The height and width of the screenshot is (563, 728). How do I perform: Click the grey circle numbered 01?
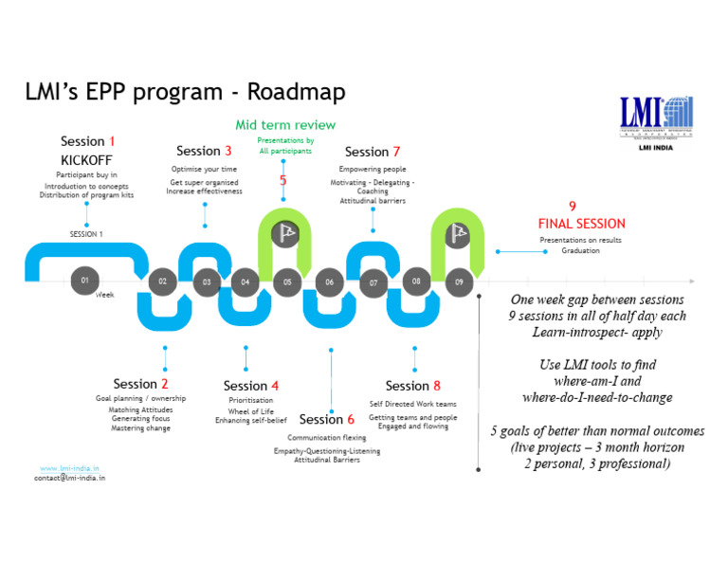point(85,281)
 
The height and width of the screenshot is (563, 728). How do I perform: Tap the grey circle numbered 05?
point(286,281)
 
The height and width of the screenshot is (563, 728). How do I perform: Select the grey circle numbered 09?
point(459,281)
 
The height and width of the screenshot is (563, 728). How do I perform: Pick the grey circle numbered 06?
point(329,281)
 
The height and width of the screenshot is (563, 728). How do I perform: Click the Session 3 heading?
point(204,151)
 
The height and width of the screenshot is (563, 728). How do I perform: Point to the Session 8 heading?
point(412,386)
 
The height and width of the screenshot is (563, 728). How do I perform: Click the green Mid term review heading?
point(285,125)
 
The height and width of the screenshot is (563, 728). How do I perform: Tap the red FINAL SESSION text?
point(581,224)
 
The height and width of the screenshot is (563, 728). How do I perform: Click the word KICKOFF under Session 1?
point(86,160)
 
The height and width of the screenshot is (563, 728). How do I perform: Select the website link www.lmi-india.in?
point(70,468)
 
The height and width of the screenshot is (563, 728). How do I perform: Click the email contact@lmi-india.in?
point(70,479)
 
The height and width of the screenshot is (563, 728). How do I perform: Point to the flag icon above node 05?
point(285,232)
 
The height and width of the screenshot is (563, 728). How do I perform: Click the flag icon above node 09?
point(459,232)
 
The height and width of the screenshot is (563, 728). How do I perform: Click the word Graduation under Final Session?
point(580,250)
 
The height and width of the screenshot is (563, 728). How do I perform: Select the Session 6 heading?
point(327,419)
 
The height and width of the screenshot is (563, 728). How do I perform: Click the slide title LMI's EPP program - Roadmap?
point(185,92)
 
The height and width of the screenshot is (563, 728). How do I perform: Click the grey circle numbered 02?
point(163,281)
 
